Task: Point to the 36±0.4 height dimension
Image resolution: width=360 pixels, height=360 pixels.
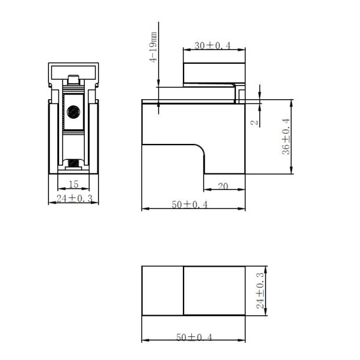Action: (286, 136)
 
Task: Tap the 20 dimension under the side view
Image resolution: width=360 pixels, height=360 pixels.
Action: (223, 186)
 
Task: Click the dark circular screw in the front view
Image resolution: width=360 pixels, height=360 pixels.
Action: (74, 111)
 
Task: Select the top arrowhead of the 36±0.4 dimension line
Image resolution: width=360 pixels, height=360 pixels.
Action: (292, 102)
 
